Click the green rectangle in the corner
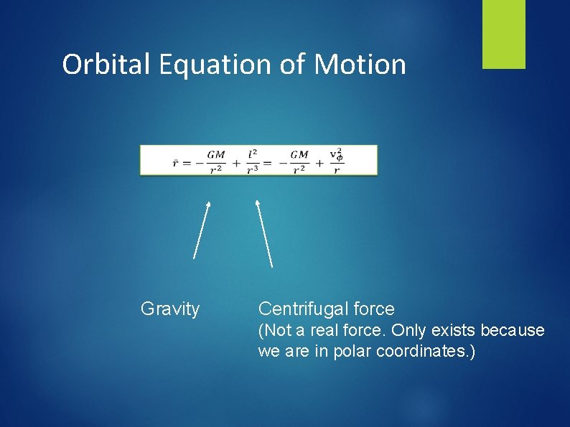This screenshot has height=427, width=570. tap(503, 34)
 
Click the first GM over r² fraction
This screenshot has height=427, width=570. tap(215, 161)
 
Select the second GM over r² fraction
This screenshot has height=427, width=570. tap(299, 161)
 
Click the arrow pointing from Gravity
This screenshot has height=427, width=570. tap(202, 230)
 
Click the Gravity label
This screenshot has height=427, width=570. tap(170, 309)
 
